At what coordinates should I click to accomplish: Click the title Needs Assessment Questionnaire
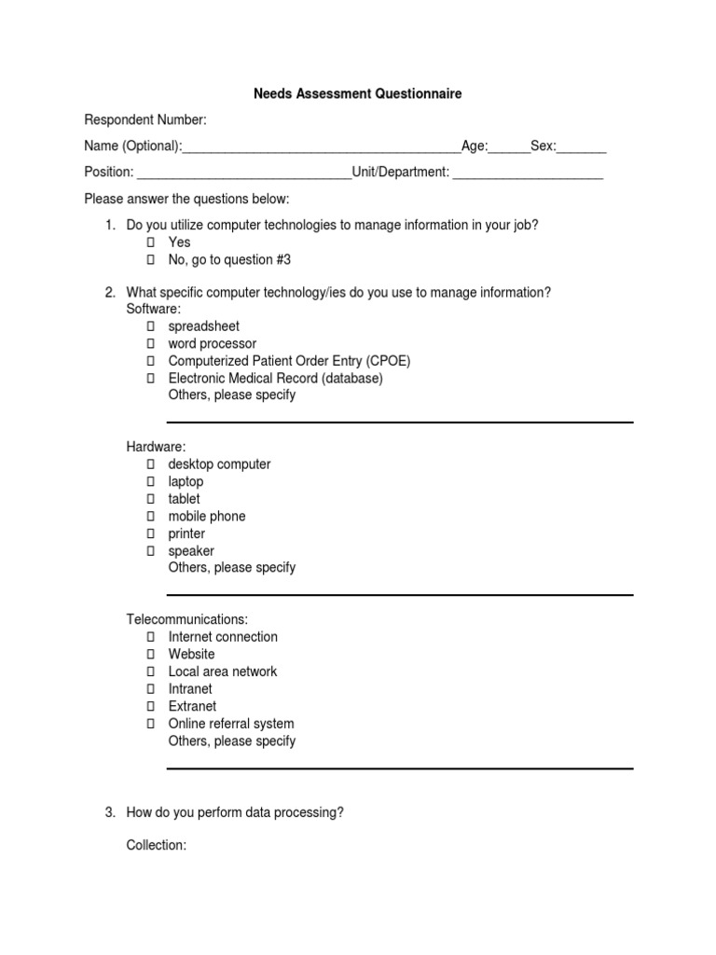358,94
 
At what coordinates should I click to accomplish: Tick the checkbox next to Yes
149,242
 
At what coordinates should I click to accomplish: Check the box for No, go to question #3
149,260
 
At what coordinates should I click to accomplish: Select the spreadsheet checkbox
149,326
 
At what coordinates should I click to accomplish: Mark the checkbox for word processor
149,344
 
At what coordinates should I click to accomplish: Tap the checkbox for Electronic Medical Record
149,379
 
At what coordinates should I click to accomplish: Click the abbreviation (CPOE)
389,361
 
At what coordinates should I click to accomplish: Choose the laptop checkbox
149,482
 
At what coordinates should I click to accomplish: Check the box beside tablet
149,499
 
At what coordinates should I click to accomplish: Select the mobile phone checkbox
149,517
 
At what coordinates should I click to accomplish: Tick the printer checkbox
149,534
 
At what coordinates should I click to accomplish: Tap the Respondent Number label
145,120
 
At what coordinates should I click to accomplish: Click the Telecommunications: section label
187,619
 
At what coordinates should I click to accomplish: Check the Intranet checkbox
149,689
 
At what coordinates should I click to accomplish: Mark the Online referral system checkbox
149,724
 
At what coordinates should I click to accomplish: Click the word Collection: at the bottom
157,845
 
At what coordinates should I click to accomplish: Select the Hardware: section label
157,447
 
